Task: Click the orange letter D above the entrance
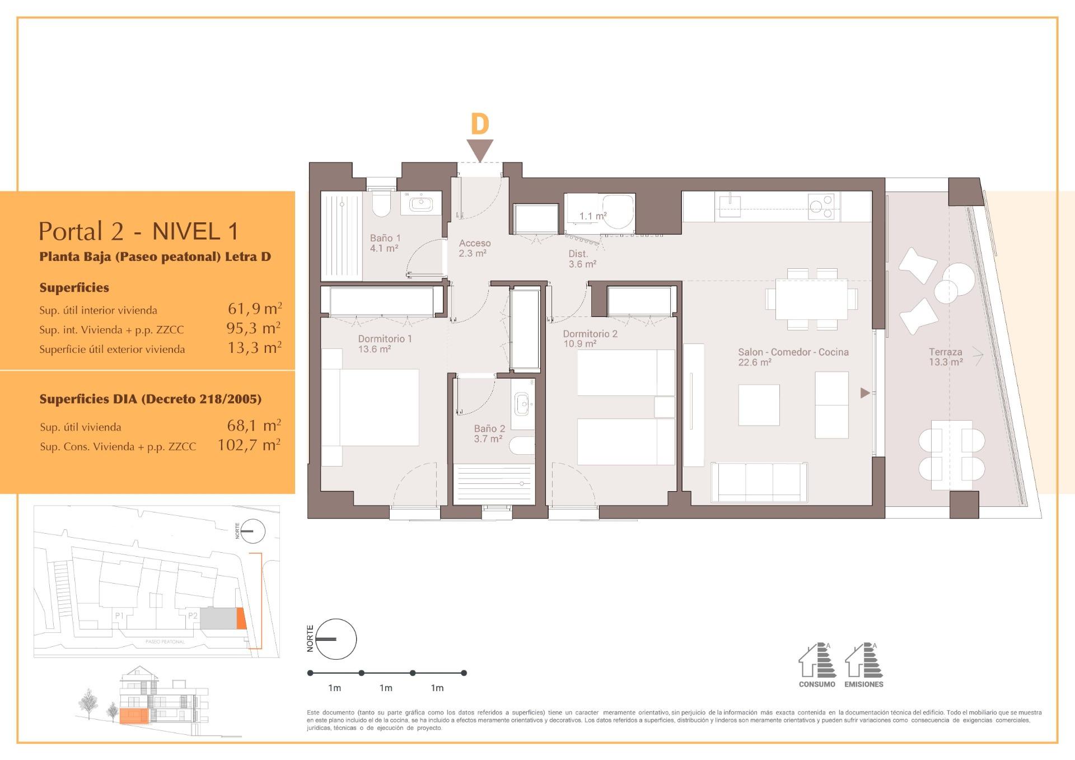(x=480, y=124)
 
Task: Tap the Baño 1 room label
(x=385, y=243)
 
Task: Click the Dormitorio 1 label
(x=385, y=343)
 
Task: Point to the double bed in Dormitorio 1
(x=370, y=407)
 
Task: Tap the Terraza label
(x=946, y=357)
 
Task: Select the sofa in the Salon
(x=759, y=482)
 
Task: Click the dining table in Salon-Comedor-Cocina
(x=811, y=299)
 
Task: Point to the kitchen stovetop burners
(x=821, y=206)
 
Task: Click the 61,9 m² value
(x=255, y=308)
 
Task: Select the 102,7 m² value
(x=249, y=445)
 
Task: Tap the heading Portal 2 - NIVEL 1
(x=139, y=231)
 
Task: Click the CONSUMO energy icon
(x=817, y=665)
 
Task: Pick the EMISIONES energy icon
(x=864, y=665)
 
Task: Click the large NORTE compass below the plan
(x=335, y=639)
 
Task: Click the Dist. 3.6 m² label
(x=582, y=259)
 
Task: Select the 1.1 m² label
(x=593, y=216)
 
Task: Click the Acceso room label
(x=475, y=248)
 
